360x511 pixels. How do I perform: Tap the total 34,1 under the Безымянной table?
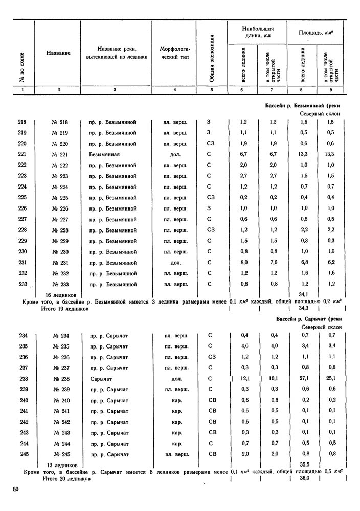tap(303, 294)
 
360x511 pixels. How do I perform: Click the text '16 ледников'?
tap(61, 295)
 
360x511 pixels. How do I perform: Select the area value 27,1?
tap(303, 379)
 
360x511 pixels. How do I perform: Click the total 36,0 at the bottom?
tap(304, 479)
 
